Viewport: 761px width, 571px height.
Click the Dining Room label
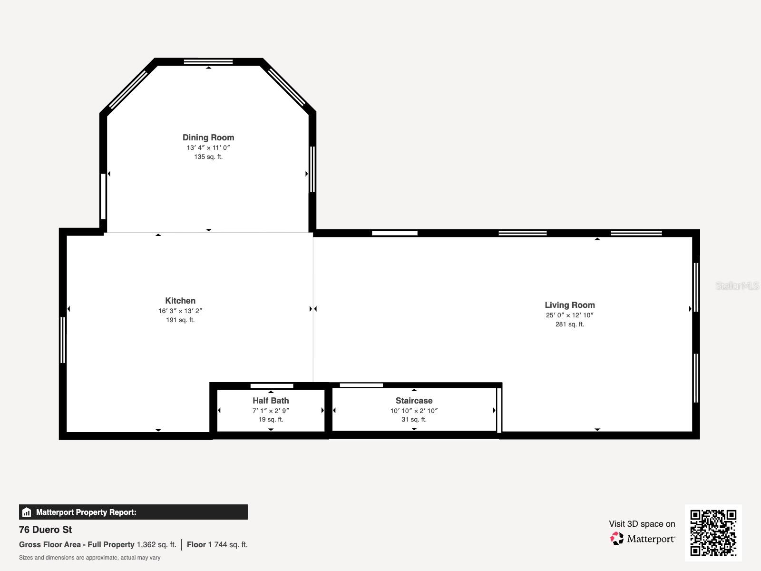point(208,138)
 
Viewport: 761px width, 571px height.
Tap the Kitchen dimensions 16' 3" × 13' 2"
point(180,311)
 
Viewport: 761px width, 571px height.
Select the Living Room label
point(570,305)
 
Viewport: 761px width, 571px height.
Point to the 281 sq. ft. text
point(570,324)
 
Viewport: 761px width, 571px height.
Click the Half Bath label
point(271,401)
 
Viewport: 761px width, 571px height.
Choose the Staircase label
point(414,401)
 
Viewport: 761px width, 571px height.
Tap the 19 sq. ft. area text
point(271,419)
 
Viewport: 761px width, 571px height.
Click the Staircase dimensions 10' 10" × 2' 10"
point(414,411)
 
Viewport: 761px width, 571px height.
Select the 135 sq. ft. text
point(208,157)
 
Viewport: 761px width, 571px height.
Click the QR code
point(713,532)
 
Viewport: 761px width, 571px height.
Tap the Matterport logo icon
point(617,538)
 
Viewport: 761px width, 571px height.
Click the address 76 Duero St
point(46,530)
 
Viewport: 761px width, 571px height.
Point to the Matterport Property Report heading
point(86,512)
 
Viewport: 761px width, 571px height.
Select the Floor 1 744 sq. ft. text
point(217,544)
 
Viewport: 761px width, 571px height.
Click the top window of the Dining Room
point(208,61)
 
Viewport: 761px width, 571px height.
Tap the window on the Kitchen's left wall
point(63,340)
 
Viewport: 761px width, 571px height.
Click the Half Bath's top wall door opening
point(272,386)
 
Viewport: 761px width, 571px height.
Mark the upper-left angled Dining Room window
point(128,89)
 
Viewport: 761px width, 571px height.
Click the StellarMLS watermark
point(737,285)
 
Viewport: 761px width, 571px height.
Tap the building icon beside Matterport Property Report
point(27,512)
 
